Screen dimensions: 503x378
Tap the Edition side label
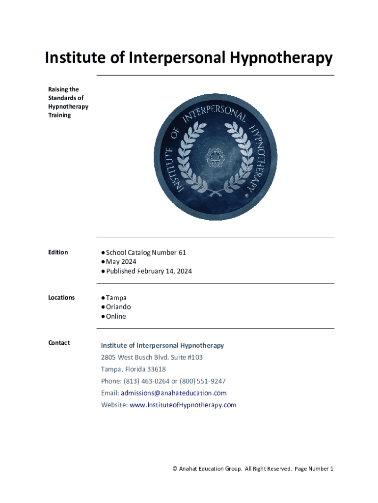tap(58, 252)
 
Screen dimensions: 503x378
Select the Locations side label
tap(61, 297)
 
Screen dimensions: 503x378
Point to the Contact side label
tap(59, 342)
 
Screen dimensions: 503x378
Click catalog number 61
tap(182, 252)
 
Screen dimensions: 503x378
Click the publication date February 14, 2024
tap(164, 271)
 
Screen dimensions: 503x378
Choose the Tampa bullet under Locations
tap(116, 298)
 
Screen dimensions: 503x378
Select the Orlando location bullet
tap(118, 307)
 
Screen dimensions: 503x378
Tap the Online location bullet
tap(116, 316)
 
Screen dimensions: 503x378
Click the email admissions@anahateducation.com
tap(174, 393)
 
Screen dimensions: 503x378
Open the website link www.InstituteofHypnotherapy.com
tap(183, 405)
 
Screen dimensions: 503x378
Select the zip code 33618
tap(156, 369)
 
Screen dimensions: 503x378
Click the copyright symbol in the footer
tap(175, 469)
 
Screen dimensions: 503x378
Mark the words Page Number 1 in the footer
tap(314, 469)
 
